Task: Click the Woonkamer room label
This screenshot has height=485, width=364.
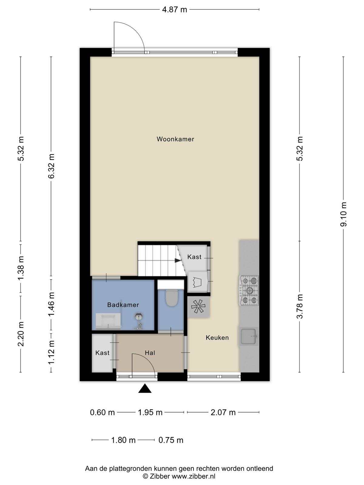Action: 175,139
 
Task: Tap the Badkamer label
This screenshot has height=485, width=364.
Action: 123,305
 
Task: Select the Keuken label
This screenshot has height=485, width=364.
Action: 217,338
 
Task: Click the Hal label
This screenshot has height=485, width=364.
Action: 150,353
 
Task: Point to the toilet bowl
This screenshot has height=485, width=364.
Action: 172,298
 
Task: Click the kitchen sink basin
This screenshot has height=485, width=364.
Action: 248,336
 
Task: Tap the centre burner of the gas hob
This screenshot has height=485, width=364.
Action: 250,290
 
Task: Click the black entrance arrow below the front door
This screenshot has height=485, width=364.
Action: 145,388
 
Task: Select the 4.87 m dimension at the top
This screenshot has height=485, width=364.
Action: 175,10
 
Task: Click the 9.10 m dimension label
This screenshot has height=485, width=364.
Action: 343,214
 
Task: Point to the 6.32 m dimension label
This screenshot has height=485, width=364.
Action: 52,166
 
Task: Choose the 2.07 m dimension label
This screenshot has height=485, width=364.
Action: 223,413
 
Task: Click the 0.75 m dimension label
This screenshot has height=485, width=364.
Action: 171,440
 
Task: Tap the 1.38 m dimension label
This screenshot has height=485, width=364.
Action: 21,268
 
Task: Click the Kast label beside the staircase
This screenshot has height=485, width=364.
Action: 194,257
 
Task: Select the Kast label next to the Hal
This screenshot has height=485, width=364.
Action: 102,353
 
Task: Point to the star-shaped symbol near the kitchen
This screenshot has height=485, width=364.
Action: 198,307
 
